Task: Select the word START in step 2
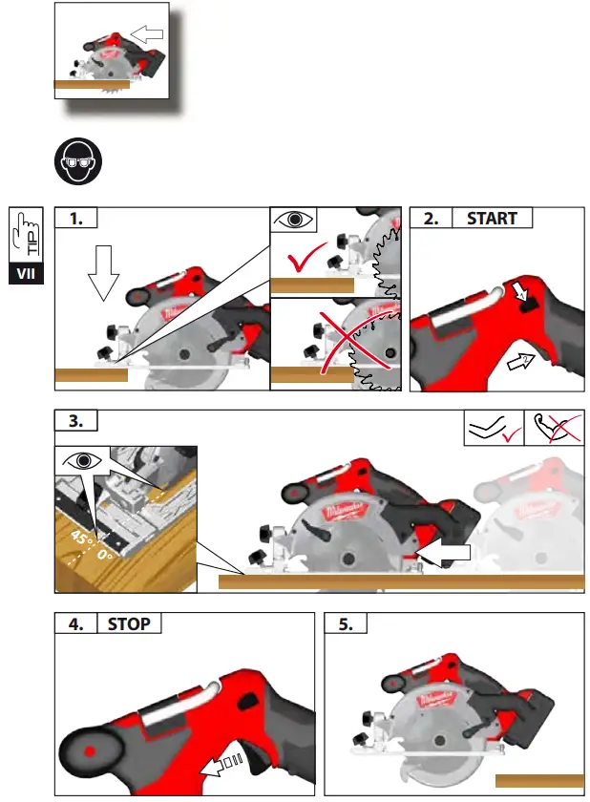[491, 219]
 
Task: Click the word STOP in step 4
[128, 624]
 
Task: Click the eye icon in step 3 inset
[83, 460]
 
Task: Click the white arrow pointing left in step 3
[448, 552]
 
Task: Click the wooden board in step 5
[537, 781]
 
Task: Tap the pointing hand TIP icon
[26, 233]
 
